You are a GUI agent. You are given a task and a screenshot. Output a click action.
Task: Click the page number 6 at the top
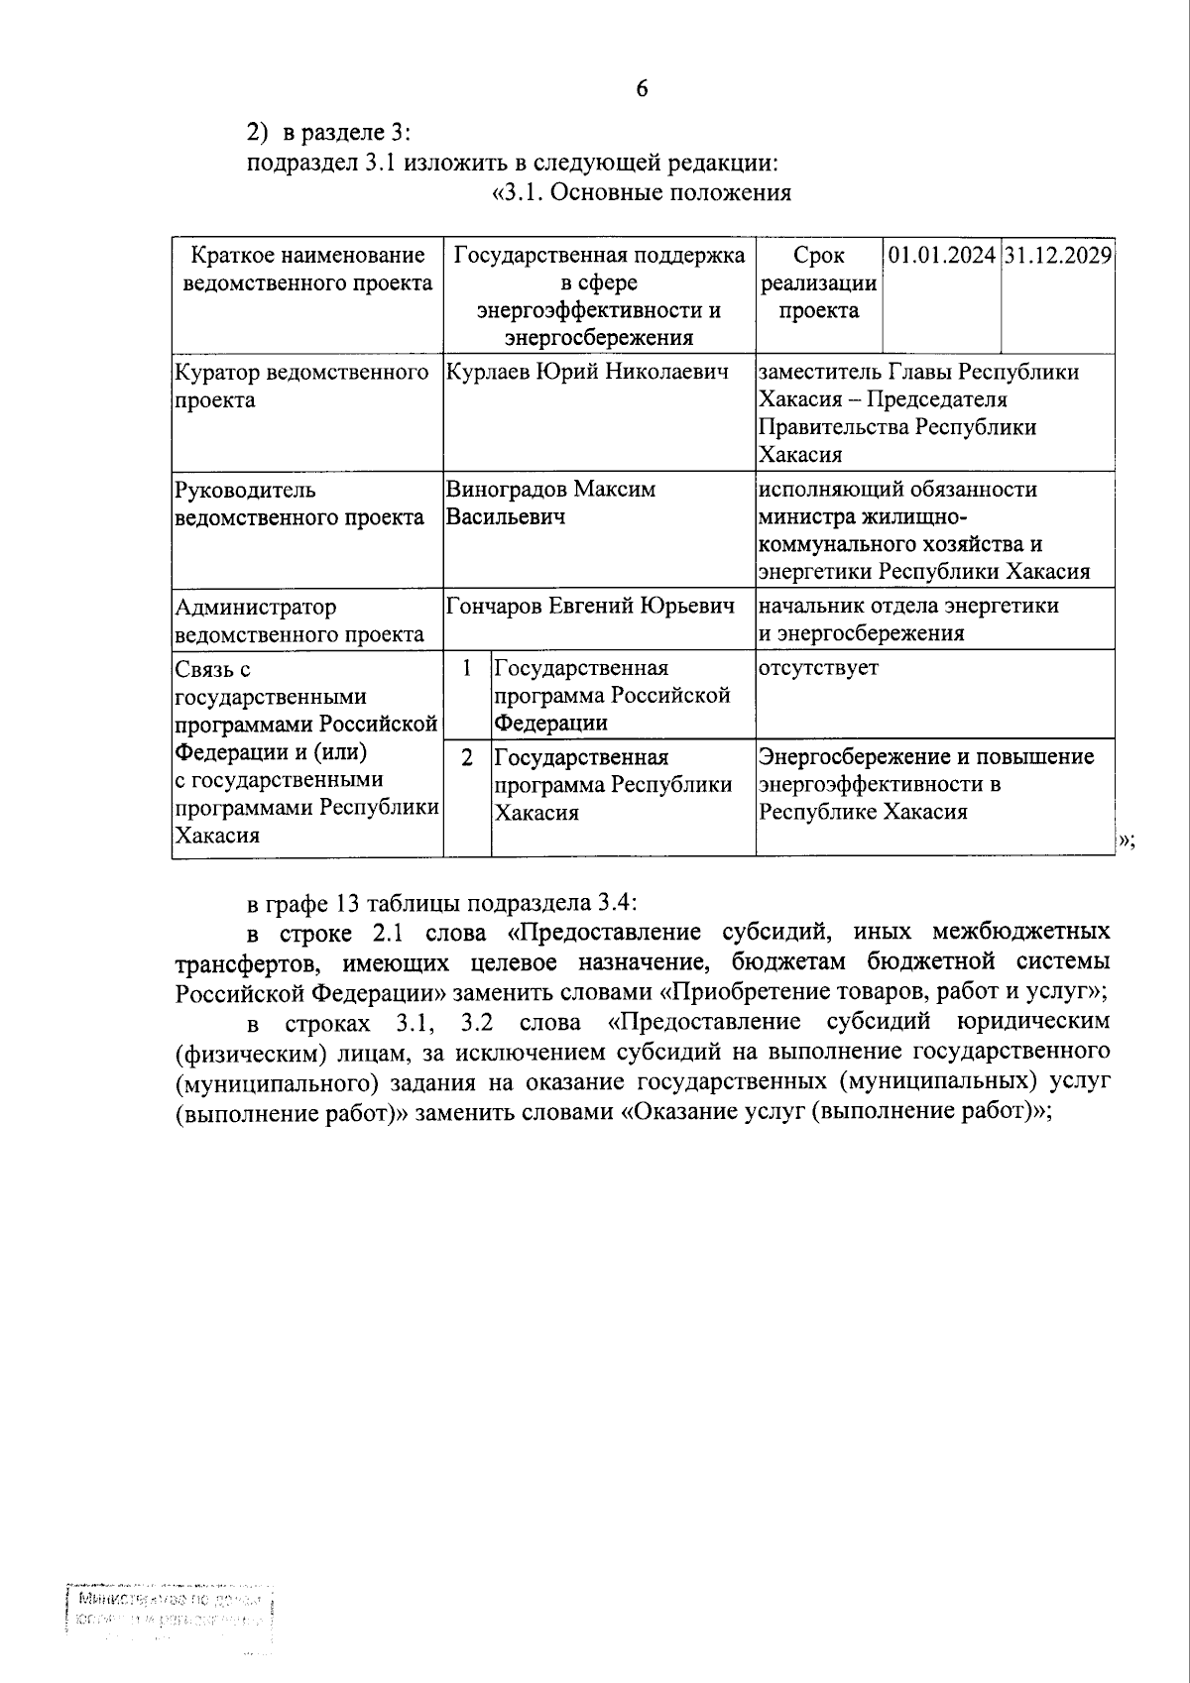(642, 88)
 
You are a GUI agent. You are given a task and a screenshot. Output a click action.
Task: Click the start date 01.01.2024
(941, 255)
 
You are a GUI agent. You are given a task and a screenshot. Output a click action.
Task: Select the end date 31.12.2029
(1057, 255)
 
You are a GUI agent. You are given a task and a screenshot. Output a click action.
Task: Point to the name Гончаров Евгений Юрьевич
(591, 606)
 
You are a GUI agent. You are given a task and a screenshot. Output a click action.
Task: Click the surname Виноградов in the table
(508, 490)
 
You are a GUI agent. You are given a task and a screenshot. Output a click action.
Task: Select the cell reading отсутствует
(818, 668)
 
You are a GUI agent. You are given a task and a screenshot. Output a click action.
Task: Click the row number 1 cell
(467, 668)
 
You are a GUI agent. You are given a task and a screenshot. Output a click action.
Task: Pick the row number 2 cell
(467, 758)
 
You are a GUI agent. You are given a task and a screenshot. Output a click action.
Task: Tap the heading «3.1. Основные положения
(642, 192)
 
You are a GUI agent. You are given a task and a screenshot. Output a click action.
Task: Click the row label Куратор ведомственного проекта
(300, 386)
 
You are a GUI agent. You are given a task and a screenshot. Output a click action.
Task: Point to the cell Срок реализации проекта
(818, 282)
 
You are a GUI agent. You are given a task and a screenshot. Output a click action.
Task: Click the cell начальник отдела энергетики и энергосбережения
(908, 619)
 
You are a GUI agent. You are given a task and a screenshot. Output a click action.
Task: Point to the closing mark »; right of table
(1127, 841)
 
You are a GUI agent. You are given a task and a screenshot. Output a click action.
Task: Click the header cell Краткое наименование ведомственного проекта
(307, 269)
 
